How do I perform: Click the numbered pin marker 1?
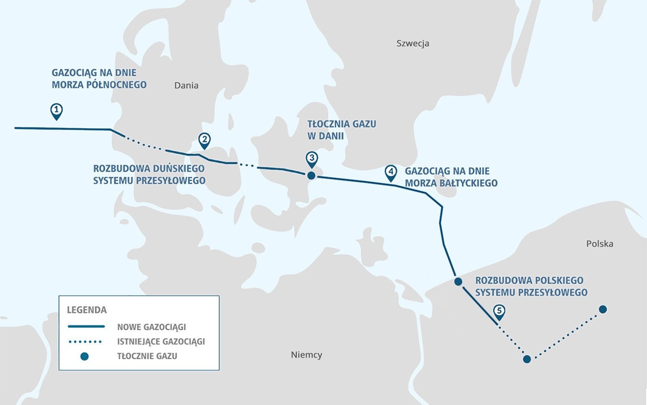pos(56,111)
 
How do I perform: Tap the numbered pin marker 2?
pos(204,140)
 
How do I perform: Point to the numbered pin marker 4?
pos(391,172)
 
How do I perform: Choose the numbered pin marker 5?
pos(499,312)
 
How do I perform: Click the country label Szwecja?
pos(413,44)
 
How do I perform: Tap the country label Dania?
pos(186,85)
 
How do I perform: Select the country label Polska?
pos(599,244)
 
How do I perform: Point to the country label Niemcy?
pos(306,355)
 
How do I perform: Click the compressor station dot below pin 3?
pos(311,175)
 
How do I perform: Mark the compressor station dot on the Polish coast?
pos(458,281)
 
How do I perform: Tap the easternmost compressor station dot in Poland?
pos(603,309)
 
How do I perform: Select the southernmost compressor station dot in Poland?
pos(527,359)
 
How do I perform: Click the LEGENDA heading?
pos(87,310)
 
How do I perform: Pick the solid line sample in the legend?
pos(86,327)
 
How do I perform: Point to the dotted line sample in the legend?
pos(85,342)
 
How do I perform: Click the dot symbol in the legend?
pos(84,356)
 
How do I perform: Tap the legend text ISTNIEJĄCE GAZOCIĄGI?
pos(161,342)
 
